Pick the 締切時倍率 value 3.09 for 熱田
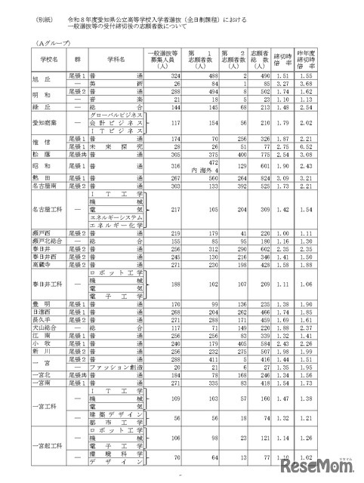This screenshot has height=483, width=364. click(x=303, y=197)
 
